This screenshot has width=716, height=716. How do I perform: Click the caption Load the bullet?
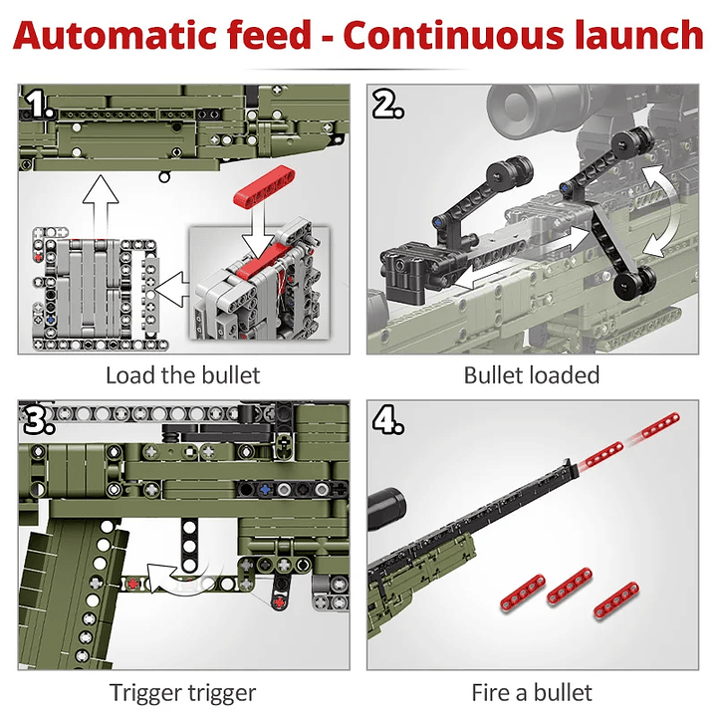point(182,374)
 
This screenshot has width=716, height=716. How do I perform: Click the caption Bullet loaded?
point(532,374)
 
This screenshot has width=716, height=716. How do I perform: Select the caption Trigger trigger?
point(182,692)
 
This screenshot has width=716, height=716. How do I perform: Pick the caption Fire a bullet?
point(532,692)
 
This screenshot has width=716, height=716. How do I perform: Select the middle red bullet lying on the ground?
point(566,584)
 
